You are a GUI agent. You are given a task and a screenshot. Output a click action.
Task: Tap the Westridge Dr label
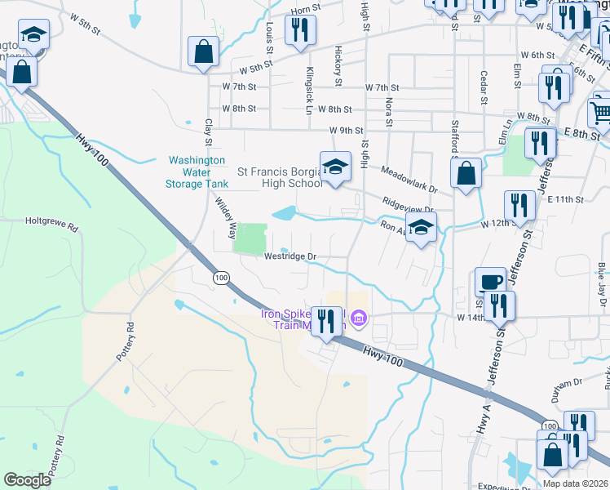tap(290, 256)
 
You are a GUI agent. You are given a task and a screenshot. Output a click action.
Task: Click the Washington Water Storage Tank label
tap(198, 172)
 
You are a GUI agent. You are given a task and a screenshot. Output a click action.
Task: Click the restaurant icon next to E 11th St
tap(519, 205)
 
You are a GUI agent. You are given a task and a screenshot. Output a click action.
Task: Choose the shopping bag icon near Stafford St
tap(466, 174)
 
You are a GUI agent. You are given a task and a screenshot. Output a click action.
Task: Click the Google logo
tap(28, 480)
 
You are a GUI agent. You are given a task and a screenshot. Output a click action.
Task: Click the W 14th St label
tap(472, 317)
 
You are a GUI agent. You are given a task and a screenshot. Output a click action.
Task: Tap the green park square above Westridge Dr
tap(250, 238)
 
